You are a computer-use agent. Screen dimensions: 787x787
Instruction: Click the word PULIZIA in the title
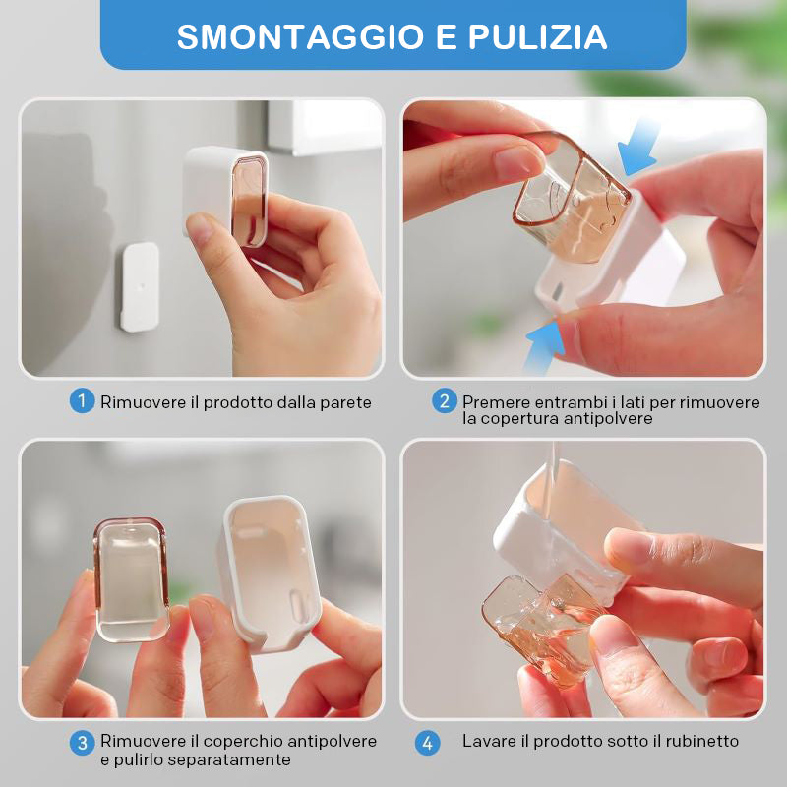[x=537, y=36]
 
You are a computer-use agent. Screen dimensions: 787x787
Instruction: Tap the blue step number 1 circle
[x=82, y=401]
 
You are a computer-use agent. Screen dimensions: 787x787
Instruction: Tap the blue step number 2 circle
[x=445, y=401]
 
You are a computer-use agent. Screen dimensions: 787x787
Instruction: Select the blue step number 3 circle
[x=82, y=743]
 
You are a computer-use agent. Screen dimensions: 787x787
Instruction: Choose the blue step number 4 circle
[x=427, y=743]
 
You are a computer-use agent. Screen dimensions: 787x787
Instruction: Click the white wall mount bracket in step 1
[x=140, y=287]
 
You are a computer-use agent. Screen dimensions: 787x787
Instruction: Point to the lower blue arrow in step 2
[x=544, y=346]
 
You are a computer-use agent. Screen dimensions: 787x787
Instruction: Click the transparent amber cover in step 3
[x=131, y=579]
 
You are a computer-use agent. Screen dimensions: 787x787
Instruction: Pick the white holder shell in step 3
[x=270, y=574]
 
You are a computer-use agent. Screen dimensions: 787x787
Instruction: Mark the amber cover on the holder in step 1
[x=249, y=202]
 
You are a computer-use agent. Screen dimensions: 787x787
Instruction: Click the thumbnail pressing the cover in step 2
[x=517, y=161]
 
